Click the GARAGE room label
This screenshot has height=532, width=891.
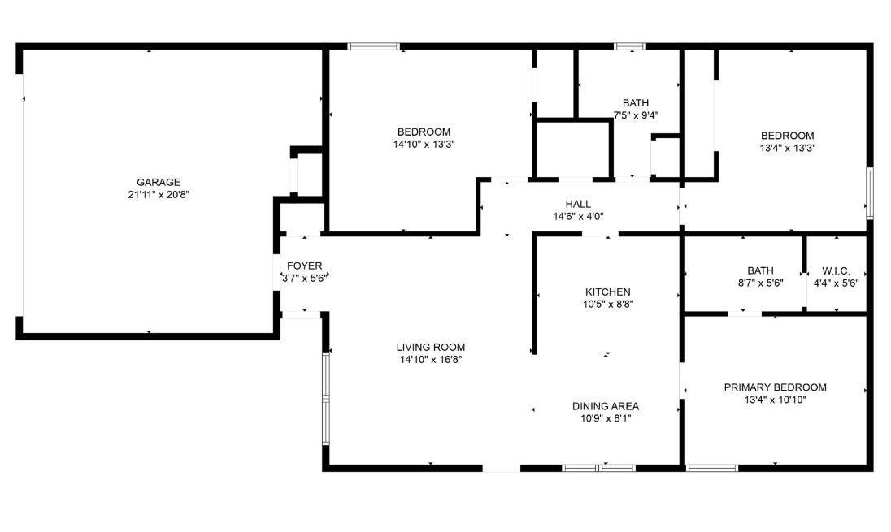[x=159, y=182]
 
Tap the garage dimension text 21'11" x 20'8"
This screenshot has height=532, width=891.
[x=159, y=194]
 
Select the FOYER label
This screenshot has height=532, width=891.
[x=305, y=266]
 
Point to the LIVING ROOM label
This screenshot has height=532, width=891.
[x=432, y=347]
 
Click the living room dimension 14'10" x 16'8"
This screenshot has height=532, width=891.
[x=432, y=359]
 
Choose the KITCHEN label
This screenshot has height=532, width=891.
[x=608, y=292]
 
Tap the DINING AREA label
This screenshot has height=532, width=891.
[x=606, y=406]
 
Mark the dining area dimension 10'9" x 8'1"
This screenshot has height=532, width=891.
[x=606, y=418]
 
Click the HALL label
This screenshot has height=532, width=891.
[x=578, y=204]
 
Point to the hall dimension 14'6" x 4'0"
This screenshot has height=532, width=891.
[x=578, y=216]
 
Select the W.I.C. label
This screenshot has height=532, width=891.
[x=836, y=270]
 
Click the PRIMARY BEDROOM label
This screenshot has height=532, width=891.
[x=775, y=387]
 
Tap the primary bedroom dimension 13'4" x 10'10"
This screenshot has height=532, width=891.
[x=775, y=400]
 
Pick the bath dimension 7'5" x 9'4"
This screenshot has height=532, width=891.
[x=636, y=115]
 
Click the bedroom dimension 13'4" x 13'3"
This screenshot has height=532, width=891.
[x=787, y=148]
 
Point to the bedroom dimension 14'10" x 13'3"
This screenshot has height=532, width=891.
[x=424, y=144]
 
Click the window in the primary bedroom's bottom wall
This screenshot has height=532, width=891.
[x=712, y=468]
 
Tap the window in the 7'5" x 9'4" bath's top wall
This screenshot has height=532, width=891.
[x=630, y=46]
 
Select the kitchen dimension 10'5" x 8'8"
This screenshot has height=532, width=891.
[x=608, y=304]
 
